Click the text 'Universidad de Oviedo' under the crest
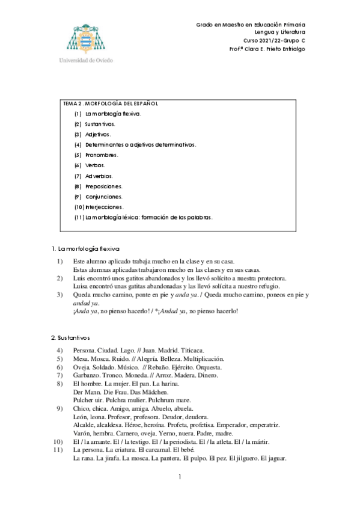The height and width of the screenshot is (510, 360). tap(86, 60)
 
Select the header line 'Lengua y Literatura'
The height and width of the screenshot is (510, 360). tap(280, 31)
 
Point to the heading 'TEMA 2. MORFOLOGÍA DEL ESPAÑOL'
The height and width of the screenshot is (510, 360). tap(111, 104)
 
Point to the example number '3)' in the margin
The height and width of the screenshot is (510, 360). tap(59, 295)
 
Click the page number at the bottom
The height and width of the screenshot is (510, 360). tap(179, 477)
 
